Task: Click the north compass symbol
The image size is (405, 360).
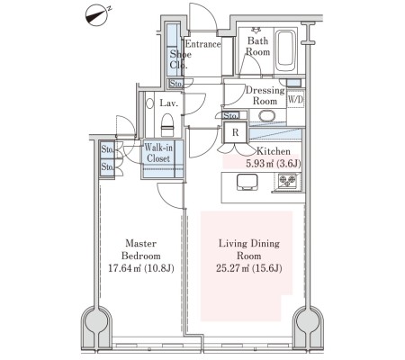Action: (x=97, y=15)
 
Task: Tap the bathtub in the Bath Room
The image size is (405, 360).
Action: (x=285, y=50)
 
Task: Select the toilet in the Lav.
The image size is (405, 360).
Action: (x=167, y=125)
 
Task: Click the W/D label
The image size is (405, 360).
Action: (x=295, y=100)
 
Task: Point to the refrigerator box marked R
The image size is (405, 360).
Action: (x=236, y=132)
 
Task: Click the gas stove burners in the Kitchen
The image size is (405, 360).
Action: (x=287, y=181)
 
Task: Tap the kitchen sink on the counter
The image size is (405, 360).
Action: (x=247, y=182)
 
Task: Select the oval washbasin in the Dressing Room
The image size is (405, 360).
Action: (x=266, y=116)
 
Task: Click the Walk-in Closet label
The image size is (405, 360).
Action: (x=158, y=153)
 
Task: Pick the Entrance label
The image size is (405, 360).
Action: (x=203, y=44)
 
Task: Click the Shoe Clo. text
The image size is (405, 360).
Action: (x=180, y=59)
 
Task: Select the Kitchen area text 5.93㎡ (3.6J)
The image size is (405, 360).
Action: (x=274, y=164)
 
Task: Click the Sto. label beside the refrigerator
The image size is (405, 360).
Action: (x=231, y=115)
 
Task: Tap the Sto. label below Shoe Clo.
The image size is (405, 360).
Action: (x=175, y=84)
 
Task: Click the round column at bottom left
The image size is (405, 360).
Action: (x=96, y=322)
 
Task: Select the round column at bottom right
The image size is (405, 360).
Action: (x=308, y=322)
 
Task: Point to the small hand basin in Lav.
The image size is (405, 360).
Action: (x=149, y=103)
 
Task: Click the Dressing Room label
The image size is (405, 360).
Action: (x=265, y=95)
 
